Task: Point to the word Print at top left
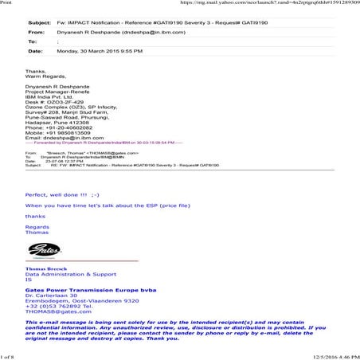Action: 7,3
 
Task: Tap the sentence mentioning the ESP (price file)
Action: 96,205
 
